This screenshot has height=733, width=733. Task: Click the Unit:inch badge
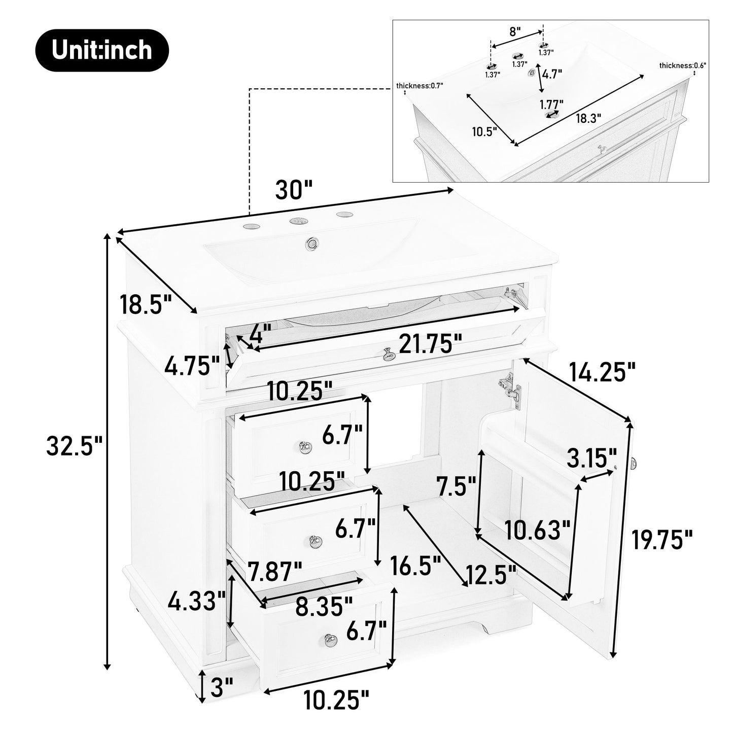click(x=101, y=50)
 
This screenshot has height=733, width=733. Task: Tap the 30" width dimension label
click(x=294, y=190)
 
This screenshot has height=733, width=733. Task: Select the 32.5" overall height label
click(x=75, y=446)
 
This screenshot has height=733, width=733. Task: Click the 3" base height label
click(x=221, y=688)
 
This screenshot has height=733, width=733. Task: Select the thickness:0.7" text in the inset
click(x=420, y=85)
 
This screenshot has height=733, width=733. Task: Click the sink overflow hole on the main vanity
click(x=311, y=243)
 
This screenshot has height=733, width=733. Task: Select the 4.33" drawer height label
click(x=197, y=602)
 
